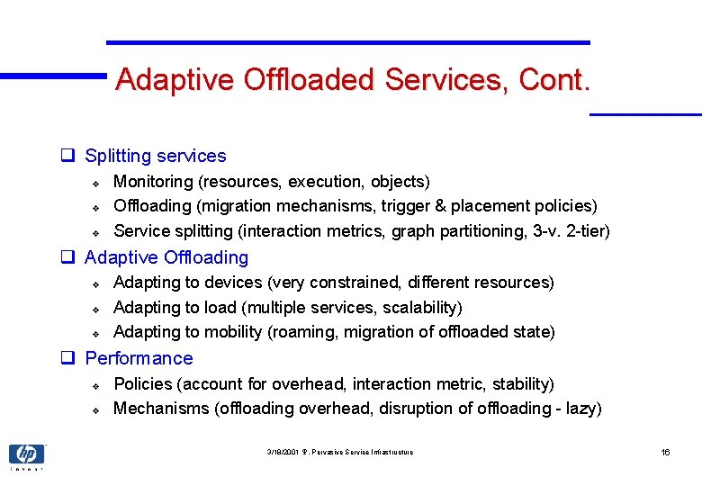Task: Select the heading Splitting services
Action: click(x=155, y=157)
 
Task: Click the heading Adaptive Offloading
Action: click(x=166, y=258)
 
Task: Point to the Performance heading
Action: click(x=139, y=358)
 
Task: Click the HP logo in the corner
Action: click(x=26, y=454)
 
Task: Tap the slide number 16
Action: click(x=665, y=452)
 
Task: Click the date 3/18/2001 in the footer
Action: click(x=283, y=452)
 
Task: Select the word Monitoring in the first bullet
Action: click(x=153, y=182)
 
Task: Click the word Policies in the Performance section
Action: click(x=143, y=384)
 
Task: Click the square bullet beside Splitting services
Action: click(x=67, y=157)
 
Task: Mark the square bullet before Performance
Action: click(x=67, y=358)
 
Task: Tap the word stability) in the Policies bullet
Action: click(x=523, y=384)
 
